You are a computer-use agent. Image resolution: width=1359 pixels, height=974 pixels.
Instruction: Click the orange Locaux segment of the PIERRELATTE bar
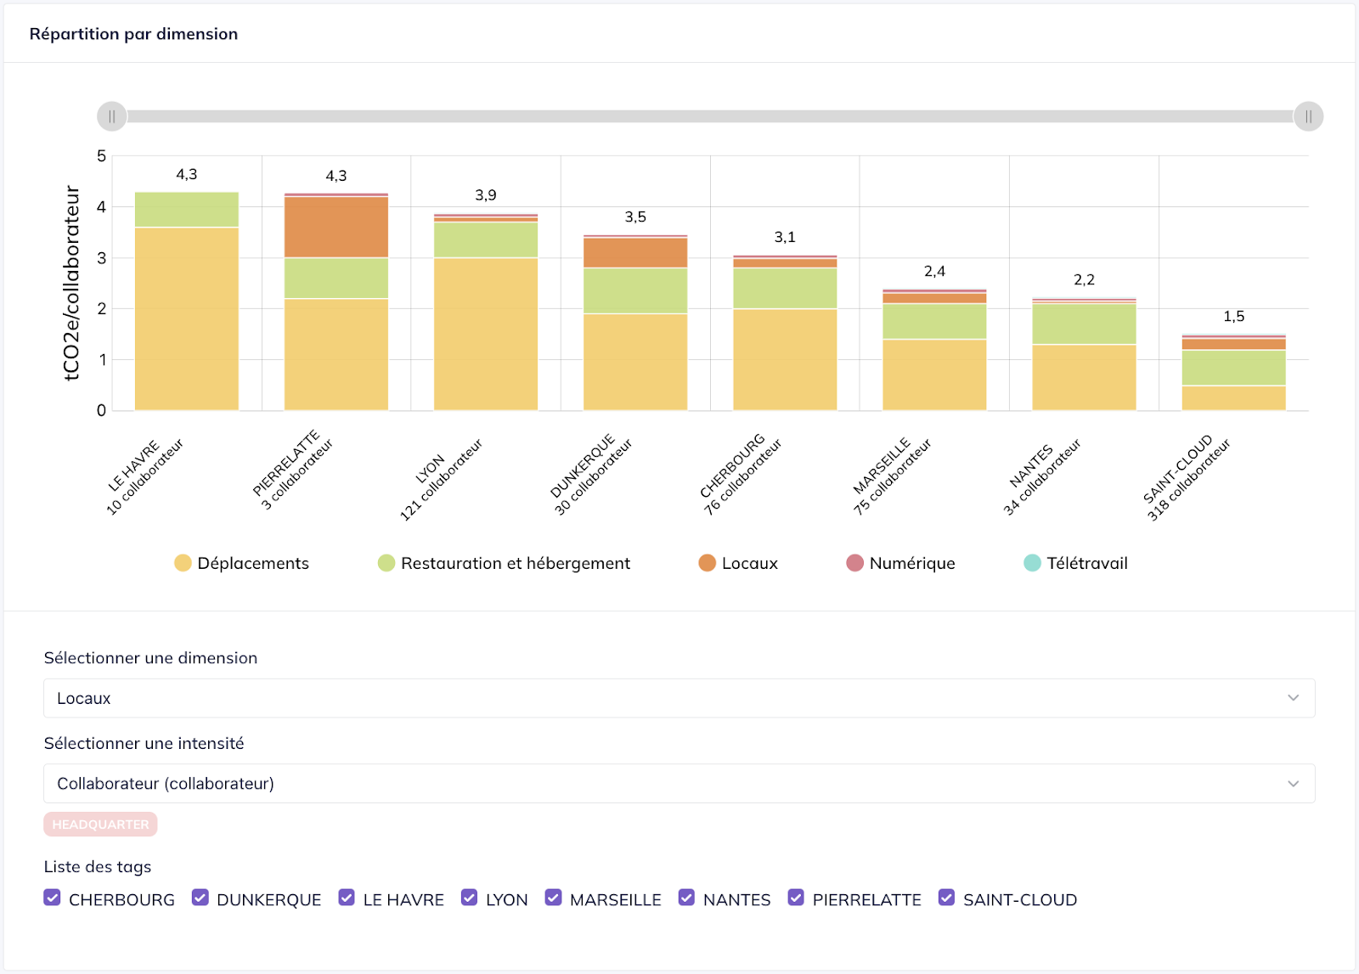pyautogui.click(x=336, y=227)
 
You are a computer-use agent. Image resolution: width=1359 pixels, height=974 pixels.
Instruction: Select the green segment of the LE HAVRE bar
pyautogui.click(x=186, y=210)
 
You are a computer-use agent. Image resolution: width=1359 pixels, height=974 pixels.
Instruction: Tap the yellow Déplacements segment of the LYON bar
pyautogui.click(x=485, y=334)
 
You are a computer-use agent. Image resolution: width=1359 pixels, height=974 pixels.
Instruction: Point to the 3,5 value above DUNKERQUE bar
pyautogui.click(x=635, y=217)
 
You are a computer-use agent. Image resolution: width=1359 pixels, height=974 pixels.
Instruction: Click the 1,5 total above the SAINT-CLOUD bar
pyautogui.click(x=1233, y=317)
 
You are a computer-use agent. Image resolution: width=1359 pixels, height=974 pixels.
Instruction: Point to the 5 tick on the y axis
pyautogui.click(x=102, y=156)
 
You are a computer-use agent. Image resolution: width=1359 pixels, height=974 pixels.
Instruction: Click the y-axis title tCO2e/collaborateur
pyautogui.click(x=72, y=283)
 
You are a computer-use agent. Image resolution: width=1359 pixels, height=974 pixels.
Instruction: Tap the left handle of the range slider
pyautogui.click(x=112, y=116)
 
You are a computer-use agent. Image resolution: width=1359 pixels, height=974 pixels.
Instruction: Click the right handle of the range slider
pyautogui.click(x=1308, y=116)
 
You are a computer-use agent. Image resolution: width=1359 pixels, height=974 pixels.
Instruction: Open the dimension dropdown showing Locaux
pyautogui.click(x=679, y=698)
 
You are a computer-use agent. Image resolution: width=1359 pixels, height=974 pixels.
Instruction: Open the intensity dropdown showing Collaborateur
pyautogui.click(x=679, y=783)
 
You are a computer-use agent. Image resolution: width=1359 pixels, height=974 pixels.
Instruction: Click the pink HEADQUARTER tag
pyautogui.click(x=100, y=825)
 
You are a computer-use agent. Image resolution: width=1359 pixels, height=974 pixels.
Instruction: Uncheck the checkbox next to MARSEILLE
pyautogui.click(x=553, y=898)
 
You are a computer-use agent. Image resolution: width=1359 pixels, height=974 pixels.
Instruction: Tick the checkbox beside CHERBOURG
pyautogui.click(x=53, y=898)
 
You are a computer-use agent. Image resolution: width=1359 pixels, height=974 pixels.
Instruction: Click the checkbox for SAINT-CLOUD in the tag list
pyautogui.click(x=946, y=898)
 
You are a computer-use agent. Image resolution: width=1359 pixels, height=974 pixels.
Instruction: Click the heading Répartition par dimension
pyautogui.click(x=133, y=34)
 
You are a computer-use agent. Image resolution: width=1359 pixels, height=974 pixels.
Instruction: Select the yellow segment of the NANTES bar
pyautogui.click(x=1084, y=377)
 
